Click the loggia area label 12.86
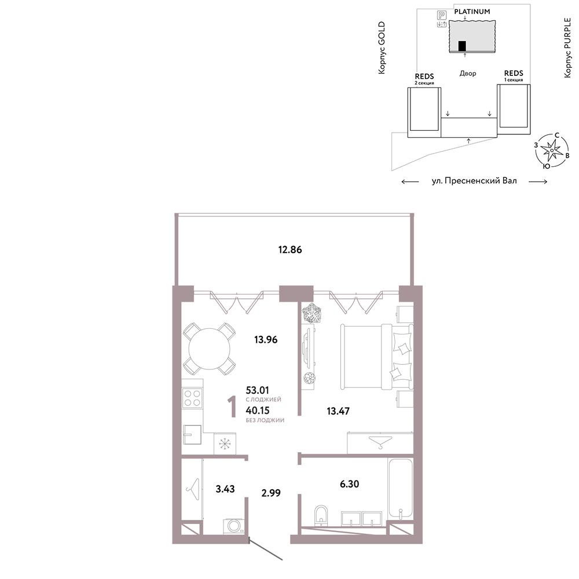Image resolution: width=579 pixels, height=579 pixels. (x=290, y=250)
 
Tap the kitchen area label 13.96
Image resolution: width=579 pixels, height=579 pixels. (x=266, y=339)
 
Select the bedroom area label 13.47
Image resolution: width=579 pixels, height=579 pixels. (x=338, y=411)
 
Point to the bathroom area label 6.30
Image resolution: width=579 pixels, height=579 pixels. (x=349, y=483)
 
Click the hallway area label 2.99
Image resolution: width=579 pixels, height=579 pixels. (x=271, y=493)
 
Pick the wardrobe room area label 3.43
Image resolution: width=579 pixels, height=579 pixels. (x=225, y=489)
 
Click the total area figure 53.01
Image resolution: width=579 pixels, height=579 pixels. (x=258, y=390)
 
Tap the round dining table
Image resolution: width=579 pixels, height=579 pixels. (x=210, y=349)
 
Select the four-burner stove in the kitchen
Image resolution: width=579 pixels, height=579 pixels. (x=192, y=398)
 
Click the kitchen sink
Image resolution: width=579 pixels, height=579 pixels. (x=192, y=434)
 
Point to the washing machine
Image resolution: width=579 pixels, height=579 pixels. (x=234, y=526)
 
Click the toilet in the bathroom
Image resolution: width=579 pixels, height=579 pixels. (x=321, y=515)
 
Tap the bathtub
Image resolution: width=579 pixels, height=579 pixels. (x=400, y=489)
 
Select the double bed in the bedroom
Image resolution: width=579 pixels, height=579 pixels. (x=377, y=356)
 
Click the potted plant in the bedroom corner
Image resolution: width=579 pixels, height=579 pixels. (x=312, y=313)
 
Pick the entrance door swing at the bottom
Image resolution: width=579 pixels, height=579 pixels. (x=266, y=549)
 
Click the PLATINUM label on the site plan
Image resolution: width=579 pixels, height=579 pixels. (x=472, y=12)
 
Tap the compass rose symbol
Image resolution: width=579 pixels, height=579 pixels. (x=552, y=151)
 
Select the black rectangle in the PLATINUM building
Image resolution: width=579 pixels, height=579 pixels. (x=462, y=46)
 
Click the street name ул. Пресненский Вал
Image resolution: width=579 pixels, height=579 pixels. (x=474, y=181)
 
